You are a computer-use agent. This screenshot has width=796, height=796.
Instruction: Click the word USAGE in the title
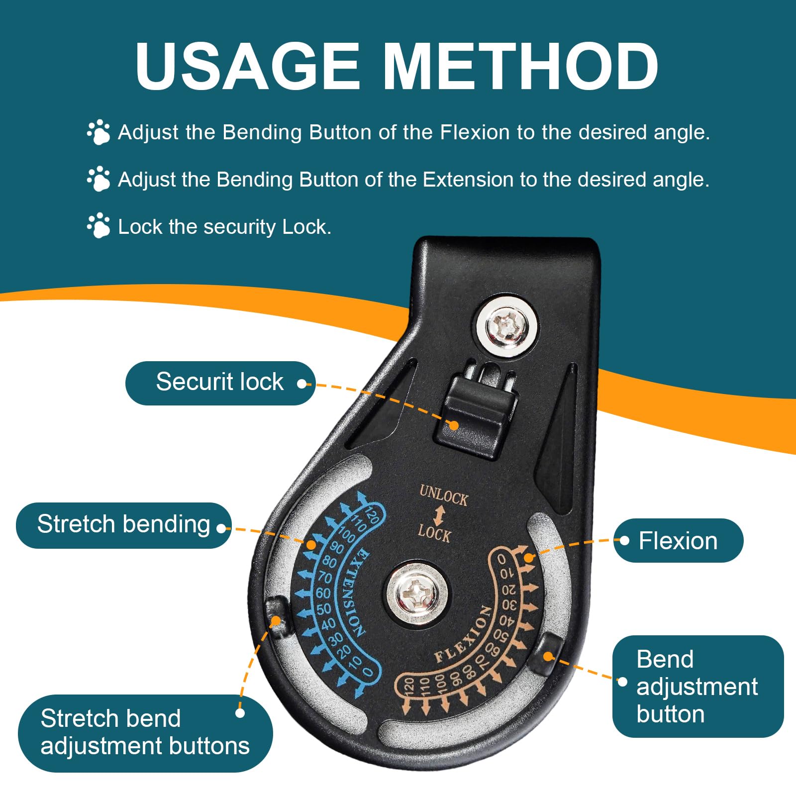coord(247,66)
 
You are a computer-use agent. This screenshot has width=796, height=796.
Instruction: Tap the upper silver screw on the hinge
coord(507,326)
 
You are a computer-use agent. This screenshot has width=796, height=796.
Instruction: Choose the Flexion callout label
coord(678,541)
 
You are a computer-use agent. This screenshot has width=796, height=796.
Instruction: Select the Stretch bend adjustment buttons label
coord(145,733)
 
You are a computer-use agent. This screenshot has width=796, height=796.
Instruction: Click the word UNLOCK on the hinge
coord(444,496)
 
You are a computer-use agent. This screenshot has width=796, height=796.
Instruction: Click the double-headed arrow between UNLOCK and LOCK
coord(438,515)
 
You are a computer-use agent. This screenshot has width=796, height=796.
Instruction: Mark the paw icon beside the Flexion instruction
coord(99,132)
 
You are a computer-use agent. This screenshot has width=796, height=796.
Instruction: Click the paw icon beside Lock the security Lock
coord(99,225)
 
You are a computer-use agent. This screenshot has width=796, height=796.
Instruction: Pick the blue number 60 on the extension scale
coord(323,593)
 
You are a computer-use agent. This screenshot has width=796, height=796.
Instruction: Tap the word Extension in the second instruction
coord(468,179)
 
